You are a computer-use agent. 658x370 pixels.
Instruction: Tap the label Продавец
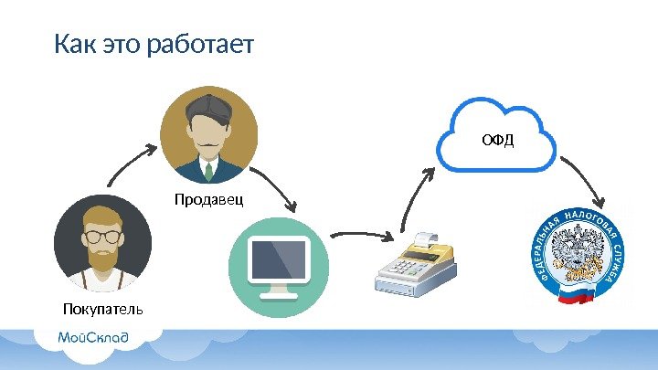[210, 198]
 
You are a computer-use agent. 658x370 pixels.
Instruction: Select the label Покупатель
[103, 309]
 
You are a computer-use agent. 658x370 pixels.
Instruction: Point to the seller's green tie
[208, 172]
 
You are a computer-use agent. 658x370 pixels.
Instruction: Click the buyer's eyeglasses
[102, 236]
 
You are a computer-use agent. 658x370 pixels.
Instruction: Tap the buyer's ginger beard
[102, 258]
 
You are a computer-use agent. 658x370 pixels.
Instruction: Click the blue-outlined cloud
[497, 137]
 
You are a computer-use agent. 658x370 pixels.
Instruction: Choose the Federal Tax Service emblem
[582, 255]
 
